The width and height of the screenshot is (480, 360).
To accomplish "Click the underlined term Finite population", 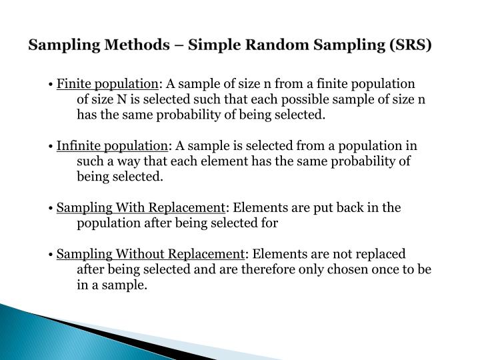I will click(x=107, y=85).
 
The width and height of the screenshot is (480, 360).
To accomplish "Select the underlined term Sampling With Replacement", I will click(x=139, y=208).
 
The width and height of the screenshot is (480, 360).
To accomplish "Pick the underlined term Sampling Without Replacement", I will click(x=150, y=255).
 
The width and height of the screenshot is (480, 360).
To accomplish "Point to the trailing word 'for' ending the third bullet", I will click(x=271, y=223).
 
